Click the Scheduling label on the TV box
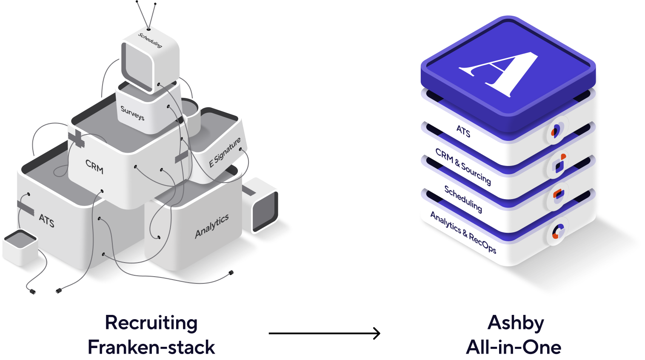[150, 40]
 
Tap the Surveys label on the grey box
[132, 113]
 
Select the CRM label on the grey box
[94, 167]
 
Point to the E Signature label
[225, 152]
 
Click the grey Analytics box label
[212, 226]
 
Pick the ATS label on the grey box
[47, 220]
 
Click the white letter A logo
[499, 74]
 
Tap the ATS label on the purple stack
[463, 131]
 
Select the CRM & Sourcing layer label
[463, 166]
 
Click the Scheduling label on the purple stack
[463, 199]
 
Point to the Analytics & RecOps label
[463, 232]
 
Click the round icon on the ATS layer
[557, 130]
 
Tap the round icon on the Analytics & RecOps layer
[557, 231]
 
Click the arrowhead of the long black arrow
[377, 334]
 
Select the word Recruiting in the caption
[151, 323]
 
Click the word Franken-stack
[151, 347]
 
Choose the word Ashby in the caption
[516, 323]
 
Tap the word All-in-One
[514, 347]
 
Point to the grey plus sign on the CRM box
[76, 139]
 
